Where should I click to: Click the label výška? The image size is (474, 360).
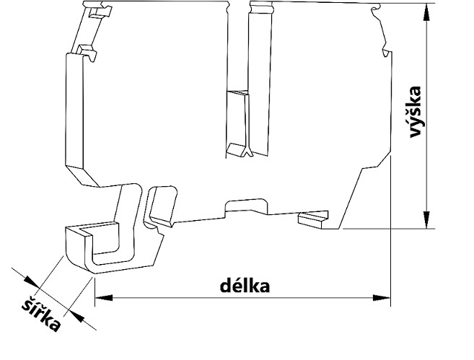tap(414, 113)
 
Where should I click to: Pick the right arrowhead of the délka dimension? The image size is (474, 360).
tap(382, 297)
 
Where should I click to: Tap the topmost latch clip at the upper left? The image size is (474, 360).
tap(93, 12)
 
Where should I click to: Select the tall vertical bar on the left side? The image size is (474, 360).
tap(76, 115)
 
